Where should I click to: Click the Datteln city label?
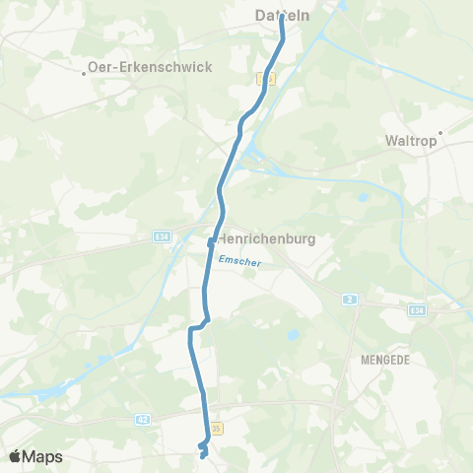pos(282,16)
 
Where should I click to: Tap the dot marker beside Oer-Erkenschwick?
pos(85,71)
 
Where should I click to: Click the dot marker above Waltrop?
pos(440,131)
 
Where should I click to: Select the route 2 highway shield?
pos(348,298)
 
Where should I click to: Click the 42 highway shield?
pos(144,419)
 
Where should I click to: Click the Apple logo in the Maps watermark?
pos(16,455)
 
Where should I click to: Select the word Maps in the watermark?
pos(43,456)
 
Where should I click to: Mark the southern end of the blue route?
pos(202,456)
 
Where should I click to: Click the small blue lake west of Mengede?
pos(292,336)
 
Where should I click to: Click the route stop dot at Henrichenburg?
pos(211,239)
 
